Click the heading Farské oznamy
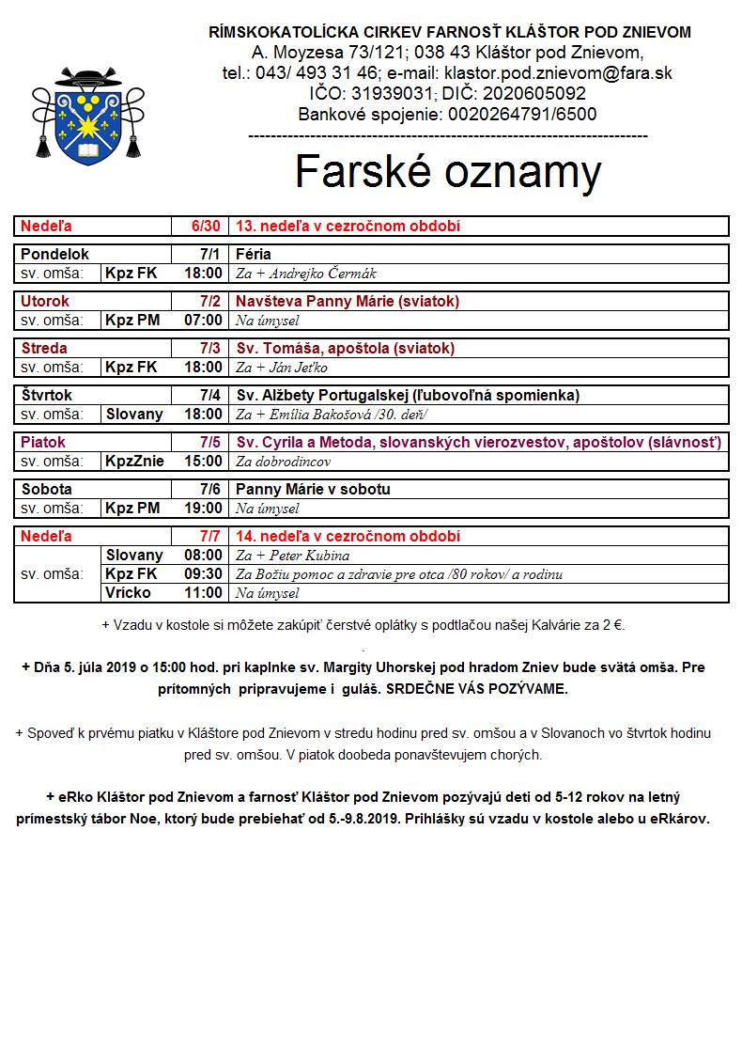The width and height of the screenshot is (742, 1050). [x=448, y=172]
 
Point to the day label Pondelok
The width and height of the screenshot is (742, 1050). [x=54, y=254]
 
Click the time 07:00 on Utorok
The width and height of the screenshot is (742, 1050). [x=204, y=321]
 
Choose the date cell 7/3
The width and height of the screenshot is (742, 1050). [x=209, y=348]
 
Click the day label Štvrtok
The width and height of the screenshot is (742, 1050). [x=46, y=395]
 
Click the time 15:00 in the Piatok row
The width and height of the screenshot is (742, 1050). [x=204, y=462]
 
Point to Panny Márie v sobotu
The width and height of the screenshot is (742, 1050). [x=313, y=489]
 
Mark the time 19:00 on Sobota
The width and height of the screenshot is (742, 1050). [x=204, y=509]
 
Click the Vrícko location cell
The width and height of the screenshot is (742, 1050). [x=128, y=593]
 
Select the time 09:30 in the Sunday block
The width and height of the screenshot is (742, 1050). [x=204, y=574]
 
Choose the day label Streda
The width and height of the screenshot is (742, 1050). [x=44, y=348]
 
